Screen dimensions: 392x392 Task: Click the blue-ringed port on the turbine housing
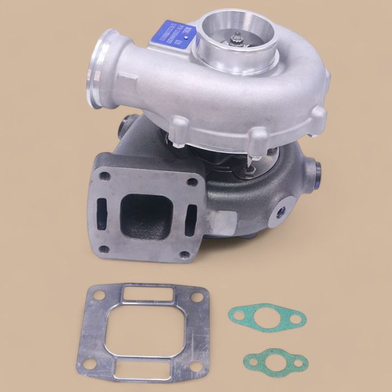(x=279, y=211)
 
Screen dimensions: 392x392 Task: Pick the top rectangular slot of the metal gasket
(x=146, y=293)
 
